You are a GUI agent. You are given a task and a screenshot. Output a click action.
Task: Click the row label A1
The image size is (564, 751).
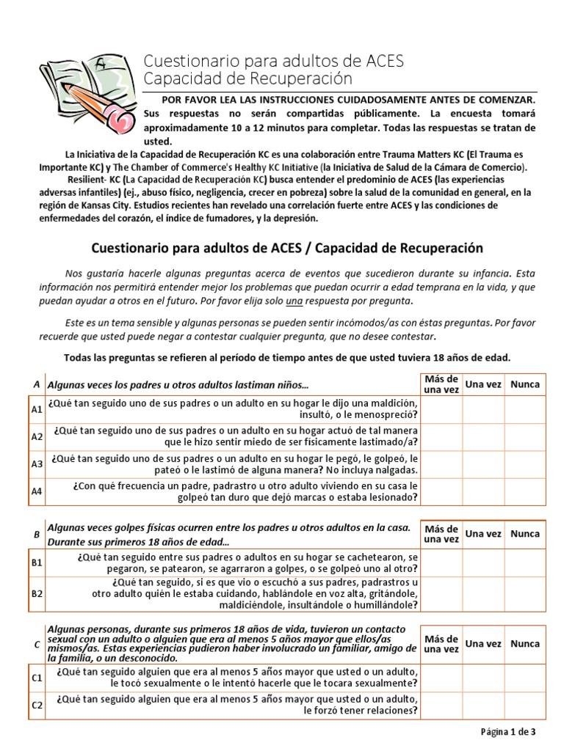click(x=36, y=410)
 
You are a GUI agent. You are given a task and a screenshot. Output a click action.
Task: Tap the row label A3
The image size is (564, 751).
click(x=36, y=464)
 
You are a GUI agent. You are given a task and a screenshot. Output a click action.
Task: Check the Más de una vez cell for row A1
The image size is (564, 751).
click(x=441, y=410)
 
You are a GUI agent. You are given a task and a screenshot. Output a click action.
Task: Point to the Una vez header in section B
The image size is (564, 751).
click(x=484, y=534)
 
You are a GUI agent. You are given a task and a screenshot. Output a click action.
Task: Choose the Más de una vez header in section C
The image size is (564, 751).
click(x=441, y=644)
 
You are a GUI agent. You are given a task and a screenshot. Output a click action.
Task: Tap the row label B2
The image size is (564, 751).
click(x=36, y=593)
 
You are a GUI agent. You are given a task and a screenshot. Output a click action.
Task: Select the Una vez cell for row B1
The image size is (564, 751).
click(x=484, y=563)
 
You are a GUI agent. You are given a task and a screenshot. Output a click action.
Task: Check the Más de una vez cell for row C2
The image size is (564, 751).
click(x=441, y=705)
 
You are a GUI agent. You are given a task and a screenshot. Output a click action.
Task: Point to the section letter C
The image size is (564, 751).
click(x=36, y=644)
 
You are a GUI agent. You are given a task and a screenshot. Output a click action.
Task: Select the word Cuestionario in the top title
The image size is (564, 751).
click(x=187, y=59)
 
